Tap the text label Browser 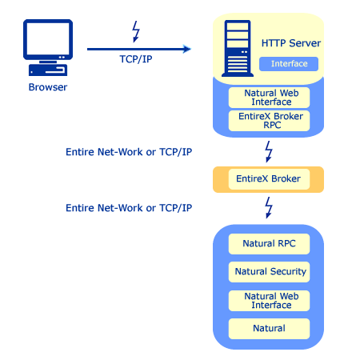47,87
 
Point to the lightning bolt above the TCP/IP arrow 136,33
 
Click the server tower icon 237,46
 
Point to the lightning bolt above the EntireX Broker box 269,151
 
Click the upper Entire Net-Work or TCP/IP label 129,151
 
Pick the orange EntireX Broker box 268,179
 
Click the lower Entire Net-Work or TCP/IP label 129,208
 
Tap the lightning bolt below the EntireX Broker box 269,208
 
